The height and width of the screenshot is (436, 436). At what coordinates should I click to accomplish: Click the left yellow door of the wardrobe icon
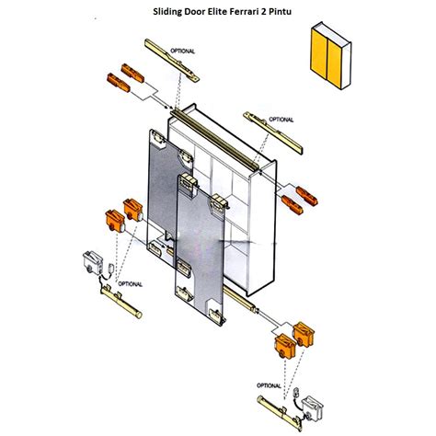tap(319, 54)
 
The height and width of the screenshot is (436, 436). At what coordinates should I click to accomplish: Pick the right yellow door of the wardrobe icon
tap(334, 63)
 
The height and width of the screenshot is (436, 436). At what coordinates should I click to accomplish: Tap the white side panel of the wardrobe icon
tap(346, 65)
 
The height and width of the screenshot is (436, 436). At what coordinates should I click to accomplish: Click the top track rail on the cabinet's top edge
tap(214, 140)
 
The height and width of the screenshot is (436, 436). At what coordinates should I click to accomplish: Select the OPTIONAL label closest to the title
tap(182, 52)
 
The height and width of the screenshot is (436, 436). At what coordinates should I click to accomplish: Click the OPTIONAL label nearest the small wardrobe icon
tap(281, 120)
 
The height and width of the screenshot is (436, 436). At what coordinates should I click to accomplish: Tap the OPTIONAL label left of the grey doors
tap(131, 284)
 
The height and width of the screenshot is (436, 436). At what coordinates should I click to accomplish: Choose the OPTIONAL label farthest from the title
tap(269, 385)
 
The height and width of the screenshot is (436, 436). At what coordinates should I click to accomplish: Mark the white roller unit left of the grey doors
tap(93, 263)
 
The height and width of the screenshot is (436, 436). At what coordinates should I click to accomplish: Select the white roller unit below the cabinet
tap(313, 408)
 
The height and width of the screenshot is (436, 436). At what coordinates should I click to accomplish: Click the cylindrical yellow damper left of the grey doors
tap(121, 302)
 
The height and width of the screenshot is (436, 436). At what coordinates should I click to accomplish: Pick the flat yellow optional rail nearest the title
tap(172, 60)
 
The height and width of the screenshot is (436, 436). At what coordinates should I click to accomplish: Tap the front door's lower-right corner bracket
tap(217, 316)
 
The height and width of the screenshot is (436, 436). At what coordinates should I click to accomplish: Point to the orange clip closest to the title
tap(132, 73)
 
